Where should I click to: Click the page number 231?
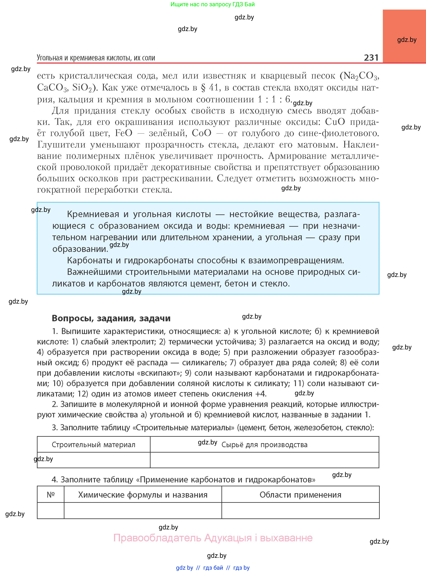tap(371, 58)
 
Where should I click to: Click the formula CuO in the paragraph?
tap(335, 122)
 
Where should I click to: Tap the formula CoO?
tap(202, 133)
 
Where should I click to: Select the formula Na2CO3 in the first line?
tap(359, 76)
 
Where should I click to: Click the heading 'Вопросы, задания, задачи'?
tap(111, 318)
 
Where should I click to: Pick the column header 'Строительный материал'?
tap(93, 444)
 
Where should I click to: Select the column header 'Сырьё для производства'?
tap(264, 445)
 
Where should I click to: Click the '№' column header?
tap(50, 495)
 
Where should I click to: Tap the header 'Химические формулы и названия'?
tap(143, 495)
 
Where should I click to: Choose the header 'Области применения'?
tap(300, 495)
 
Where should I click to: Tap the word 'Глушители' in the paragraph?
tap(61, 145)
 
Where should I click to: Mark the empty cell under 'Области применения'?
tap(300, 510)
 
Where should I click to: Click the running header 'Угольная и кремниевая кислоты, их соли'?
tap(96, 58)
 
